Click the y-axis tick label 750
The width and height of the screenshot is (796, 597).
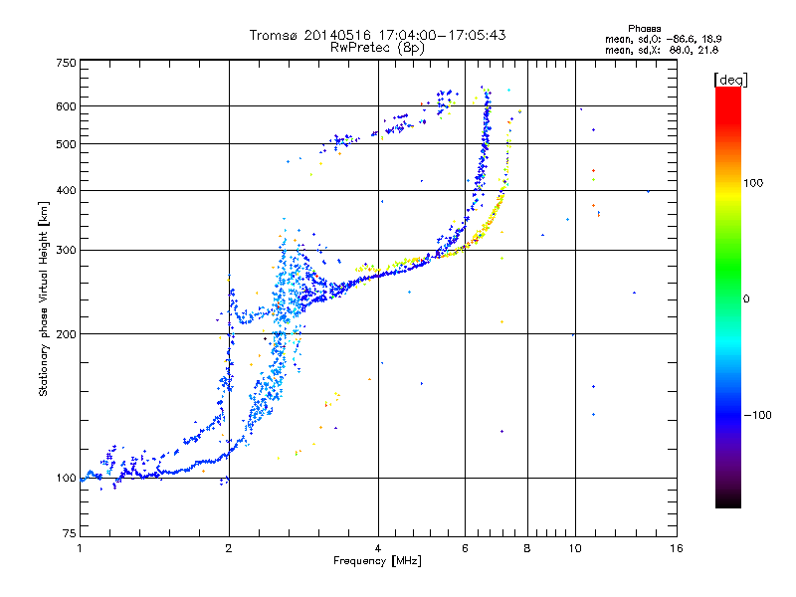(66, 63)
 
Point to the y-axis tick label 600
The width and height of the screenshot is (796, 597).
(66, 106)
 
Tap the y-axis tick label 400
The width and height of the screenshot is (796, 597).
(66, 190)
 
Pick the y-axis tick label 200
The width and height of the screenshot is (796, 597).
(66, 334)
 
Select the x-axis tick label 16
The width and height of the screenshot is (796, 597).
(676, 548)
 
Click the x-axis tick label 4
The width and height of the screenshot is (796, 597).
(378, 548)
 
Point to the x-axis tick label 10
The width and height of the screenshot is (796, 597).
(574, 548)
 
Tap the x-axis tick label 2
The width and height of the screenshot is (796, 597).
(229, 548)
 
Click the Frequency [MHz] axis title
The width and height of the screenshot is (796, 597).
(377, 562)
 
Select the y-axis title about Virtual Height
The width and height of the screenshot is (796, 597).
(44, 298)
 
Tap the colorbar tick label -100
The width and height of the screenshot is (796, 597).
(759, 414)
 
